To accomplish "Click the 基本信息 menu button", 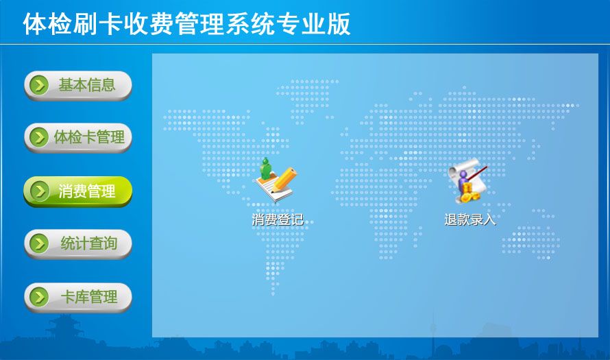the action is [x=78, y=85].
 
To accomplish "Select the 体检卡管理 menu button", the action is [x=78, y=137].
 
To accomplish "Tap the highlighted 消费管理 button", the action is [x=78, y=191].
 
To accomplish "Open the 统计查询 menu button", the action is [x=78, y=243].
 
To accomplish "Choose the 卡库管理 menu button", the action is [x=78, y=298].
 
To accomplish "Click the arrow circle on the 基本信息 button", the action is [x=39, y=85].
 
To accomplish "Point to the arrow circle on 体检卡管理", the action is [x=39, y=137].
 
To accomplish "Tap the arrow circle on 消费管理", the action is [x=39, y=191].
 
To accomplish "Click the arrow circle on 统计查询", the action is [x=39, y=243].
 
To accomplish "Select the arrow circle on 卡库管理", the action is [x=39, y=297].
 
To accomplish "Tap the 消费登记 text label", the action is [x=278, y=219].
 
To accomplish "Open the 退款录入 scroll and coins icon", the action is [x=468, y=180].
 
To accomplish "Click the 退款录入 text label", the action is [x=470, y=219].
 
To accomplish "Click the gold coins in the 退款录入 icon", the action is [x=468, y=194].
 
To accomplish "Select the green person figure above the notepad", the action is [x=266, y=168].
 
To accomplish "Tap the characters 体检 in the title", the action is [x=47, y=24].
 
